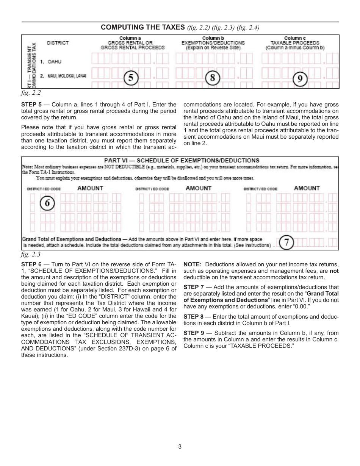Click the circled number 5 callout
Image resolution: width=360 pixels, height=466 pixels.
pyautogui.click(x=131, y=78)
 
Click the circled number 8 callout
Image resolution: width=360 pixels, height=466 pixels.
pyautogui.click(x=213, y=78)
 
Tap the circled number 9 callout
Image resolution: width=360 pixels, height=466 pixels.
pyautogui.click(x=300, y=79)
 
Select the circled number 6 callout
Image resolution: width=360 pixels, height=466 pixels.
pyautogui.click(x=47, y=203)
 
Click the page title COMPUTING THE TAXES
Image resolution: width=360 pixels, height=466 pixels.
pyautogui.click(x=144, y=27)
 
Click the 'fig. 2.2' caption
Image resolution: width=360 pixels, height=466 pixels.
pyautogui.click(x=31, y=92)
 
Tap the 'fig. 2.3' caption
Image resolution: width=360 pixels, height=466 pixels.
pyautogui.click(x=31, y=255)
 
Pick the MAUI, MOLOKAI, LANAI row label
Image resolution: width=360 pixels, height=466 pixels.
pyautogui.click(x=67, y=76)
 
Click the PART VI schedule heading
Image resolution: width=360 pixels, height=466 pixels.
pyautogui.click(x=182, y=161)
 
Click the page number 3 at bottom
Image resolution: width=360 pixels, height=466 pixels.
pyautogui.click(x=180, y=446)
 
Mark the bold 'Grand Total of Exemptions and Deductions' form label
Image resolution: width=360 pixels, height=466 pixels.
pyautogui.click(x=72, y=239)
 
